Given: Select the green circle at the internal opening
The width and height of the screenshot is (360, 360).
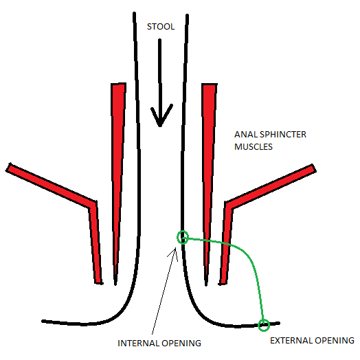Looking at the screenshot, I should (x=182, y=237).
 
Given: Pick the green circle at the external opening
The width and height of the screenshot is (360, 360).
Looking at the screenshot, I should (x=263, y=324).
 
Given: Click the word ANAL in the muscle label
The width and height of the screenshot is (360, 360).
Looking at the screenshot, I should (x=245, y=135).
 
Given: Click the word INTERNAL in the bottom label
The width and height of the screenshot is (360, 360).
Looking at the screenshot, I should (x=141, y=341).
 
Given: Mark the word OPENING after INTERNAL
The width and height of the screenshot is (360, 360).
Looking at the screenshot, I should (x=185, y=341).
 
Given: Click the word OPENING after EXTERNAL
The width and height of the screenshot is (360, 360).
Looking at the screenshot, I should (x=335, y=340).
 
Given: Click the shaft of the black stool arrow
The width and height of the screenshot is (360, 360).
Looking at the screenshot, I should (x=159, y=76).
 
